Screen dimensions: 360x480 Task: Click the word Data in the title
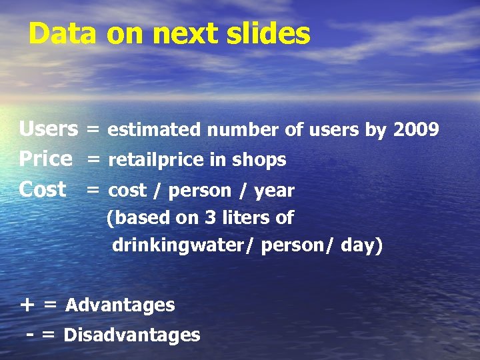pyautogui.click(x=62, y=33)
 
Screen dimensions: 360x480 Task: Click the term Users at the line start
pyautogui.click(x=48, y=129)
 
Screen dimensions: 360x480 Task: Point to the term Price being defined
pyautogui.click(x=45, y=159)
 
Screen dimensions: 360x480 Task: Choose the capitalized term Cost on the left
pyautogui.click(x=43, y=190)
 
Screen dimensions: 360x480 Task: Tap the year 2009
pyautogui.click(x=416, y=129)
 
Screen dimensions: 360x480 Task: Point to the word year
pyautogui.click(x=273, y=191)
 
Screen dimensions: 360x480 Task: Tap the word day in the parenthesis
pyautogui.click(x=359, y=245)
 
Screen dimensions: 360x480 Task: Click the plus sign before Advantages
pyautogui.click(x=27, y=305)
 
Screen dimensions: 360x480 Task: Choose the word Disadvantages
pyautogui.click(x=131, y=335)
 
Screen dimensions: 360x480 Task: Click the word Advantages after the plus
pyautogui.click(x=120, y=305)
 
